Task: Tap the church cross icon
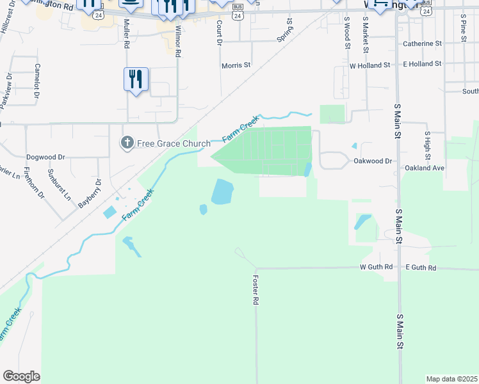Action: click(127, 143)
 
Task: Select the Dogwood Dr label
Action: click(45, 157)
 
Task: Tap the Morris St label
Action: click(236, 65)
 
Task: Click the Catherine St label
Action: click(422, 44)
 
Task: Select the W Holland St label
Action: click(369, 65)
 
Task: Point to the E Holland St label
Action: click(422, 64)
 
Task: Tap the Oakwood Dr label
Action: click(372, 161)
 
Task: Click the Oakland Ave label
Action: click(424, 168)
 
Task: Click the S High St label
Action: click(427, 146)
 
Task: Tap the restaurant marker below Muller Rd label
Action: click(136, 80)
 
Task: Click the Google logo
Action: click(21, 376)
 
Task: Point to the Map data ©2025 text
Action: click(451, 379)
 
